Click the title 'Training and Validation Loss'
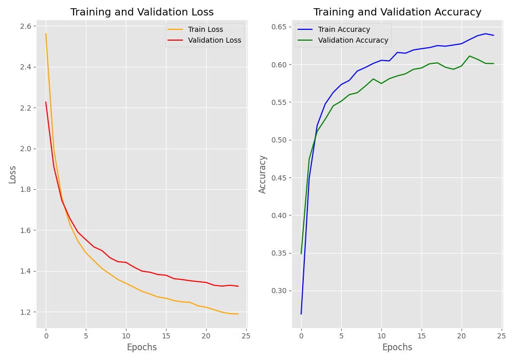(x=142, y=12)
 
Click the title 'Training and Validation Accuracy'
(x=397, y=12)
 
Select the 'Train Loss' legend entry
(x=205, y=29)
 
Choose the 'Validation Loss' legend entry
(x=214, y=40)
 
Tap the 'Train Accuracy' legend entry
(x=344, y=29)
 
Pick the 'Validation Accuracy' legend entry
(x=353, y=40)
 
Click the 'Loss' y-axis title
(x=13, y=174)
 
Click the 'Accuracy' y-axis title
(x=263, y=174)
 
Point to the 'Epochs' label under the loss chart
(x=142, y=347)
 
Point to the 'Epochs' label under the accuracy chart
(x=397, y=347)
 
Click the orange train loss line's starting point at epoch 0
(x=46, y=34)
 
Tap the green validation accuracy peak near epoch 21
(x=469, y=56)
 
